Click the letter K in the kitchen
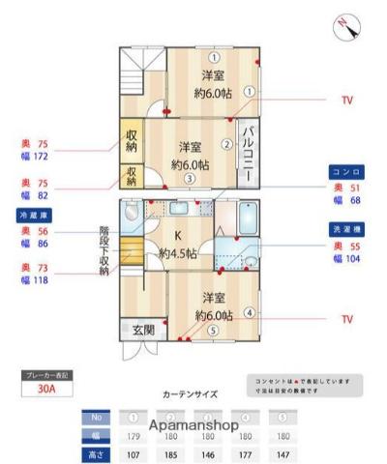[x=178, y=236]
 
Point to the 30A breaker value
[x=45, y=391]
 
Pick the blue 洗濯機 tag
[x=344, y=229]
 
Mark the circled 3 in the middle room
[x=191, y=178]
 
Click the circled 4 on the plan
[x=250, y=312]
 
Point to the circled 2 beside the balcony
[x=226, y=145]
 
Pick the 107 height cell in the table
[x=134, y=452]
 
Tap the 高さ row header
[x=95, y=452]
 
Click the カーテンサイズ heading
[x=190, y=394]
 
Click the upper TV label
[x=346, y=100]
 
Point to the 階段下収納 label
[x=104, y=251]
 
